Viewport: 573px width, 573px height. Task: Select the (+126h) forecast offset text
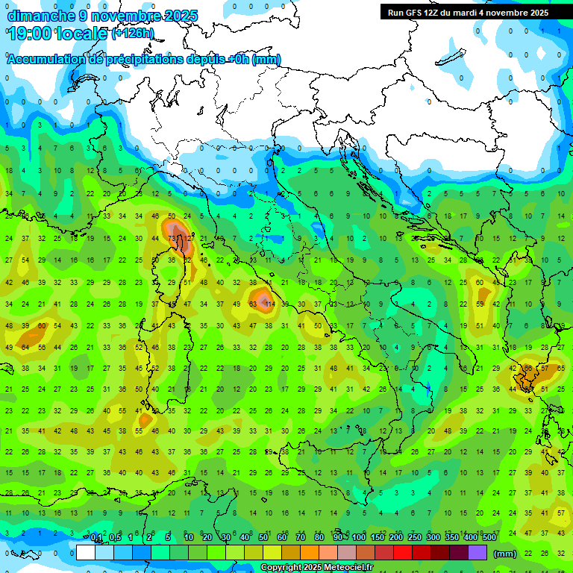coord(132,33)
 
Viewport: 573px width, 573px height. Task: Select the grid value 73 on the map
coord(172,239)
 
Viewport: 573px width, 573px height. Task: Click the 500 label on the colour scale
coord(489,538)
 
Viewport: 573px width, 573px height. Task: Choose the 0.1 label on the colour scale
coord(96,538)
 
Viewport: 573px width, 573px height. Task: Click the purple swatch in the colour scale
coord(477,553)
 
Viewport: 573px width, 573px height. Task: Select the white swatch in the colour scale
coord(86,553)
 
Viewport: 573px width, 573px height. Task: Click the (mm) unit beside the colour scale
coord(505,554)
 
